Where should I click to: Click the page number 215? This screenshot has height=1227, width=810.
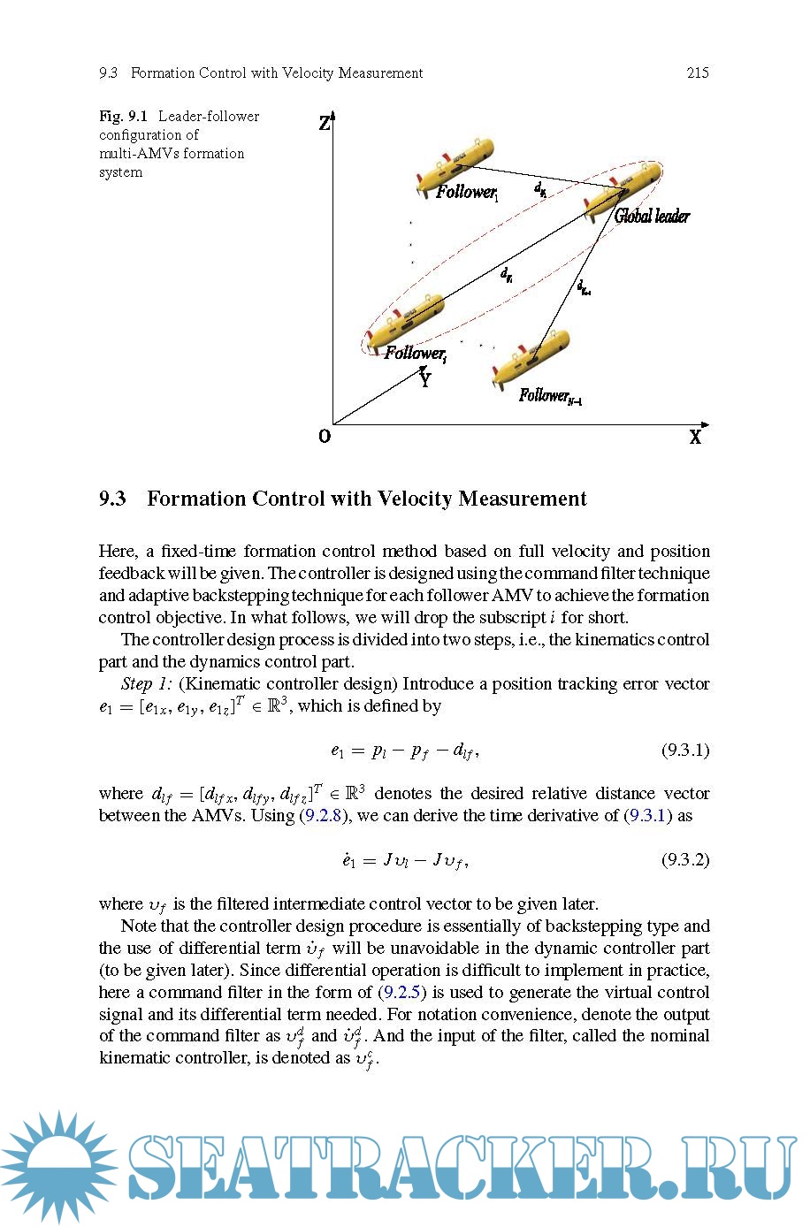tap(697, 73)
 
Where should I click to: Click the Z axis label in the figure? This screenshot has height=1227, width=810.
tap(325, 124)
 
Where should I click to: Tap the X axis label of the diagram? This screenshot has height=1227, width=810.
tap(696, 437)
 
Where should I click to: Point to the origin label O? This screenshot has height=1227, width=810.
tap(325, 436)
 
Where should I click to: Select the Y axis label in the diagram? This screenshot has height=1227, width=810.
tap(425, 381)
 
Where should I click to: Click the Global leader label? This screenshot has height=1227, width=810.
tap(652, 216)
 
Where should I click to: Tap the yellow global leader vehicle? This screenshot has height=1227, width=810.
tap(623, 188)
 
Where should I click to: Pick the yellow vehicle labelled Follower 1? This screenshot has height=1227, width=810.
tap(455, 164)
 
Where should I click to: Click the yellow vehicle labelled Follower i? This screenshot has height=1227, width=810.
tap(405, 322)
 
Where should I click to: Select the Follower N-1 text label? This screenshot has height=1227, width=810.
tap(549, 396)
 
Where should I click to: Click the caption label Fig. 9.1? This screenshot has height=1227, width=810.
tap(123, 117)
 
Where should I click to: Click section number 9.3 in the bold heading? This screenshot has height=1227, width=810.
tap(112, 499)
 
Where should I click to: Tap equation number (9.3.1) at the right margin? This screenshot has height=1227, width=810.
tap(685, 751)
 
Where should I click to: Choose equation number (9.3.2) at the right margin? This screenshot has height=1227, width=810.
tap(685, 859)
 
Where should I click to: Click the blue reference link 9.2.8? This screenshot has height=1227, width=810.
tap(323, 815)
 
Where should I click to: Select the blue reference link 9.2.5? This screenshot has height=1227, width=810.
tap(401, 992)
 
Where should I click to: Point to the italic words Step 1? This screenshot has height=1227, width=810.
tap(146, 684)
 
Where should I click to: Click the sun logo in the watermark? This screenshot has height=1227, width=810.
tap(58, 1167)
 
